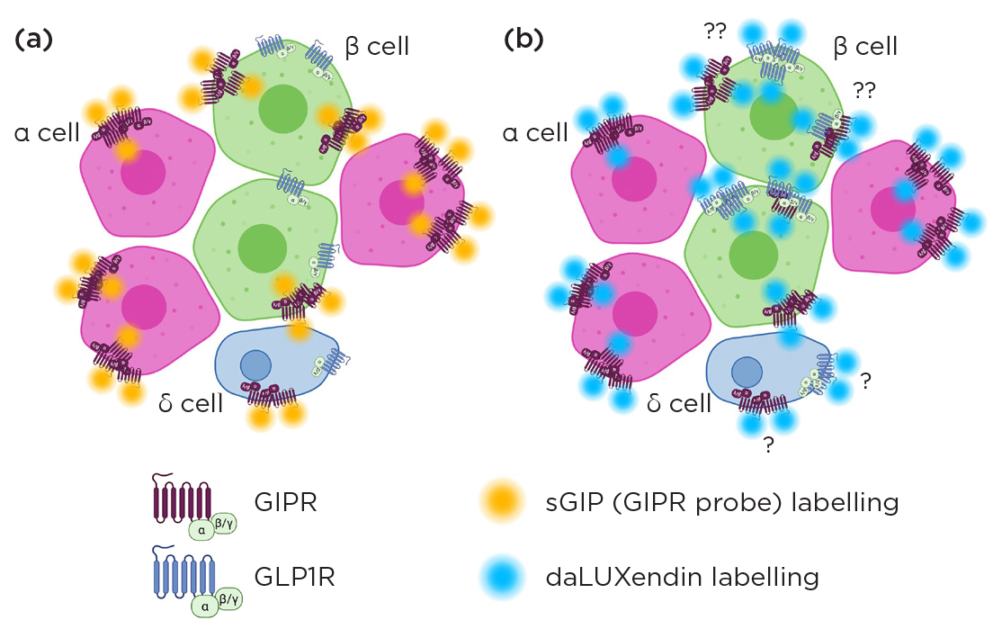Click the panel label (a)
pyautogui.click(x=34, y=41)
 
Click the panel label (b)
pyautogui.click(x=524, y=41)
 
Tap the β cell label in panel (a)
pyautogui.click(x=378, y=46)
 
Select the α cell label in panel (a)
pyautogui.click(x=47, y=133)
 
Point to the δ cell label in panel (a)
pyautogui.click(x=190, y=403)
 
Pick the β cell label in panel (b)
pyautogui.click(x=865, y=46)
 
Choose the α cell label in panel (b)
pyautogui.click(x=535, y=133)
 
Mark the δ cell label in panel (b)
pyautogui.click(x=679, y=403)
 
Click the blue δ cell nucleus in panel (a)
pyautogui.click(x=256, y=364)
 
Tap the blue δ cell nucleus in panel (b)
pyautogui.click(x=746, y=370)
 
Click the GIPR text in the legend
pyautogui.click(x=286, y=501)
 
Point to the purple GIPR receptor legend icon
pyautogui.click(x=183, y=500)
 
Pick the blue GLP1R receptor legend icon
pyautogui.click(x=184, y=576)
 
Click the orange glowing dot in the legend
pyautogui.click(x=501, y=501)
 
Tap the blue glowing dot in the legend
pyautogui.click(x=501, y=577)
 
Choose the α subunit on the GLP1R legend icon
pyautogui.click(x=205, y=607)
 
